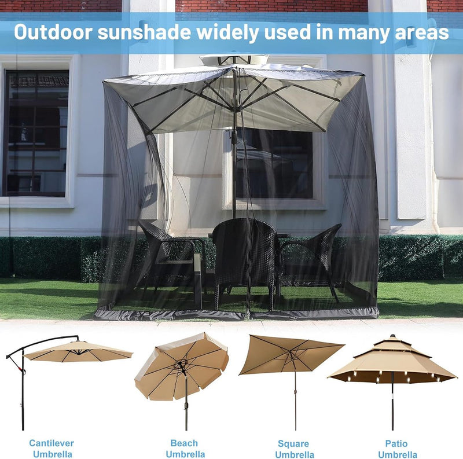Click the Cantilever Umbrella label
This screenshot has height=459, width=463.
click(52, 449)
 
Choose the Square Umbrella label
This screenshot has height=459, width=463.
click(294, 449)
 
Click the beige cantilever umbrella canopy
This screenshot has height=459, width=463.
click(78, 351)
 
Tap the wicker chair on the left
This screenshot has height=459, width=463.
click(165, 255)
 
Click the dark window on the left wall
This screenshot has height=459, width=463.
click(36, 133)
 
